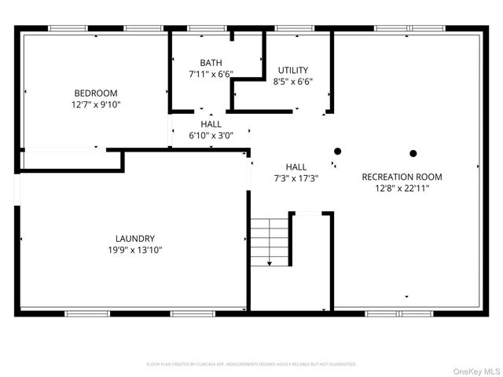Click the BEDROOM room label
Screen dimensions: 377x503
coord(96,93)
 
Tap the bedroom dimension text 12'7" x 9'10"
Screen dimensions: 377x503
coord(96,104)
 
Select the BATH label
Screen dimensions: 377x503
coord(211,63)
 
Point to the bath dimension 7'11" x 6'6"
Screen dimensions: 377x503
coord(211,74)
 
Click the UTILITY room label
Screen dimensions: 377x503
coord(292,70)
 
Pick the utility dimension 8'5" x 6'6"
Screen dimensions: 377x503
coord(292,81)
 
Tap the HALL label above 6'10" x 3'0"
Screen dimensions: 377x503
coord(211,124)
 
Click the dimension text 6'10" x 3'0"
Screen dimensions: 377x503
coord(211,135)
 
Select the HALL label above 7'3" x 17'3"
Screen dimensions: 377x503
coord(296,167)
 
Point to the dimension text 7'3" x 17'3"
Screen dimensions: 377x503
coord(296,178)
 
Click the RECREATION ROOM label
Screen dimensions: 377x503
coord(402,177)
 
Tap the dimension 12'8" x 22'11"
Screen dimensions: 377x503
coord(402,188)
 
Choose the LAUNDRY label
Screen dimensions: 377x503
coord(135,239)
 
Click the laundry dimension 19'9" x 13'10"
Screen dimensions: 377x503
coord(135,250)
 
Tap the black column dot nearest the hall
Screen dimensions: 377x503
coord(337,152)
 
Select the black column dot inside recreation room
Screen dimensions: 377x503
coord(412,153)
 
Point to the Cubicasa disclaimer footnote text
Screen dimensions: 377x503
coord(251,364)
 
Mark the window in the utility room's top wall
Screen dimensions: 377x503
coord(292,29)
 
